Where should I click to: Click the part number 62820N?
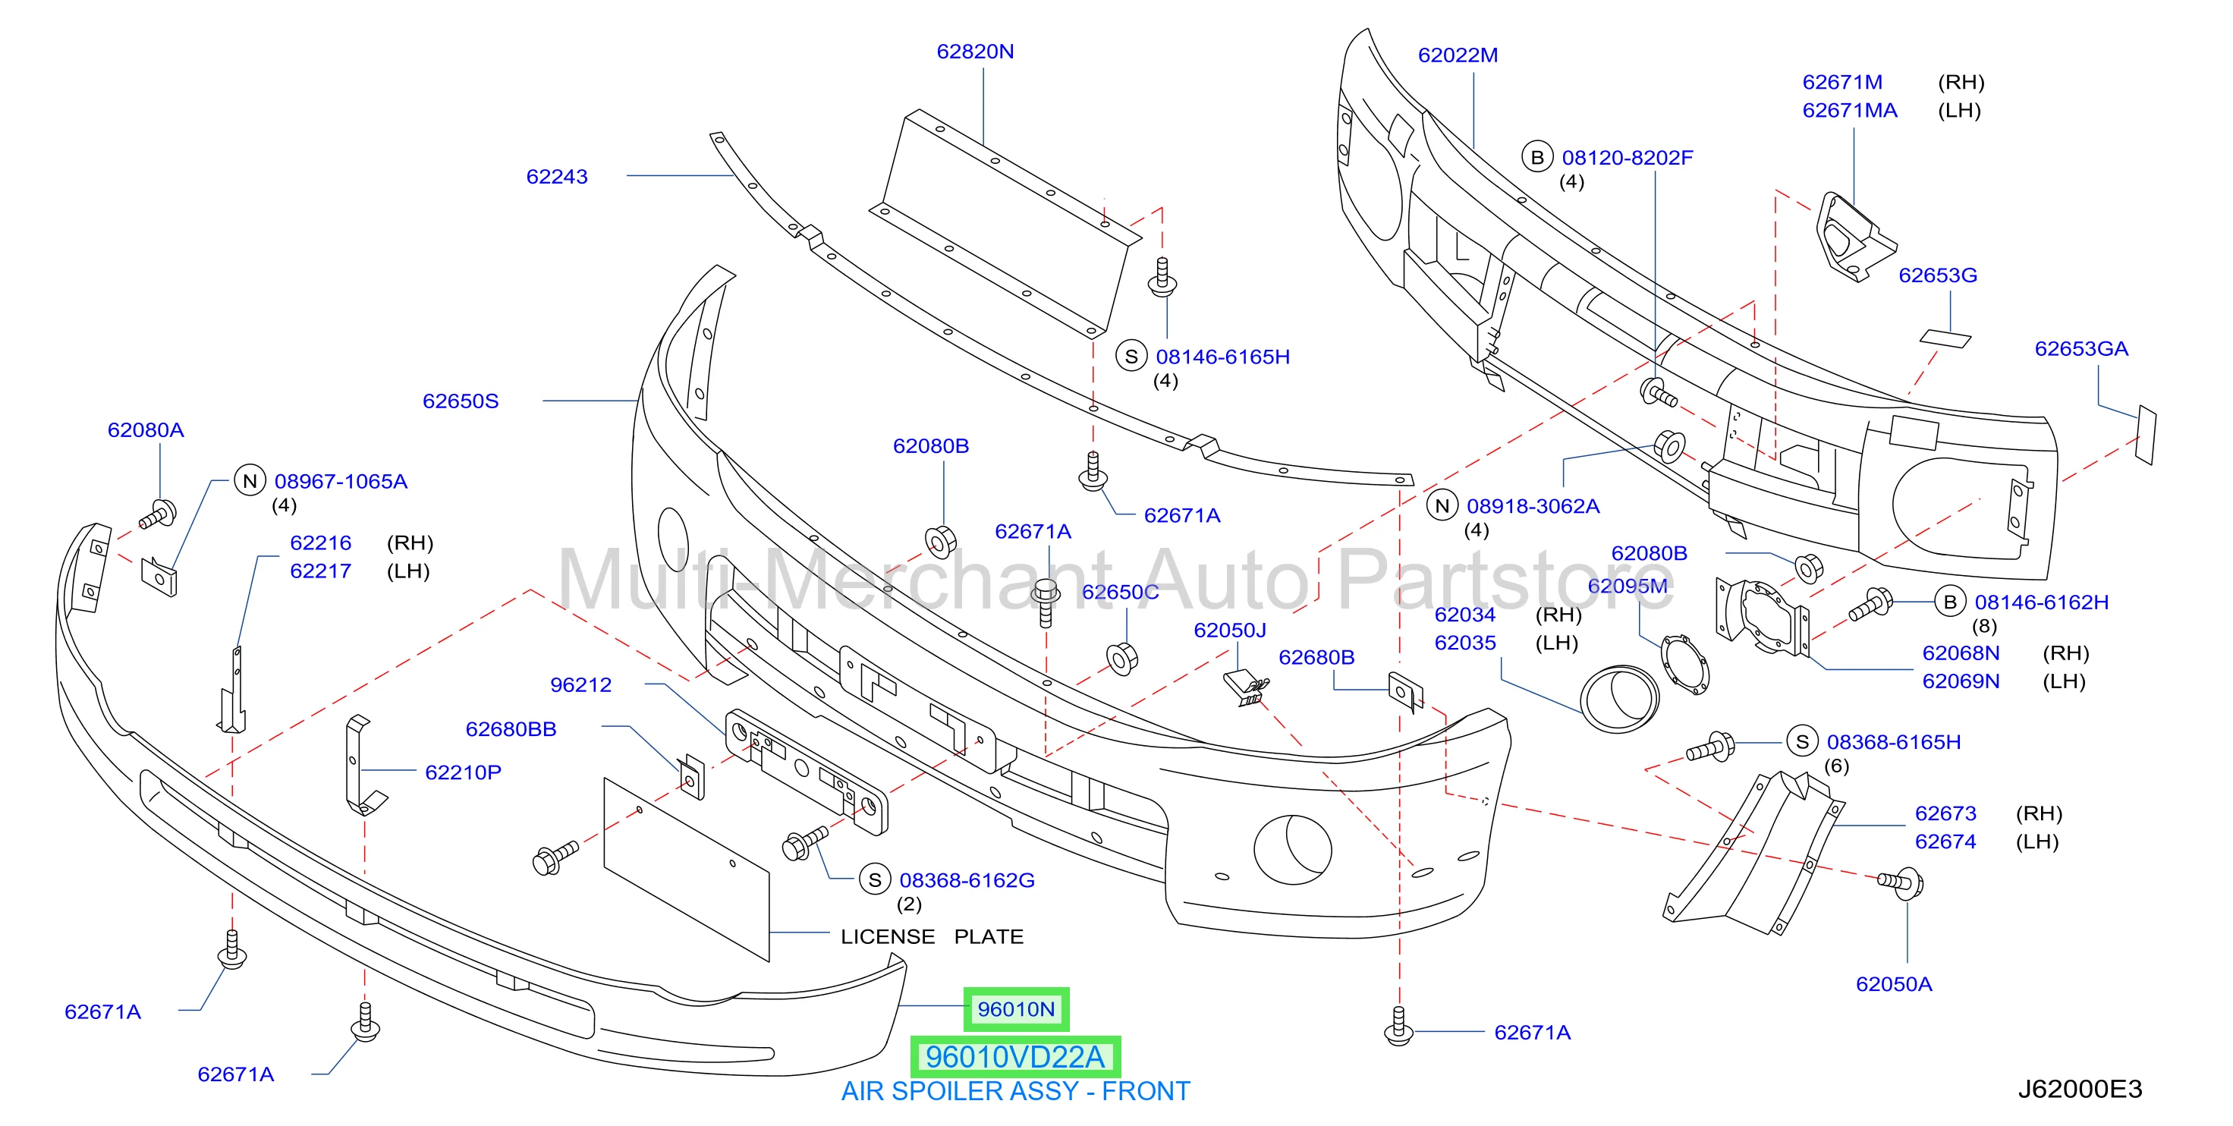(x=974, y=52)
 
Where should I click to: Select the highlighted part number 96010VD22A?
(x=1015, y=1057)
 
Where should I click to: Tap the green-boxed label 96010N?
(x=1016, y=1009)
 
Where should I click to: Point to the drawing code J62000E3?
(x=2080, y=1089)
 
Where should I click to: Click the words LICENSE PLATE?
(x=932, y=936)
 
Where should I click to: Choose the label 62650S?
(x=461, y=401)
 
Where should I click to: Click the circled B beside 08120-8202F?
(x=1537, y=157)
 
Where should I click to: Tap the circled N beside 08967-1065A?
(x=250, y=481)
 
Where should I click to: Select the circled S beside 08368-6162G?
(x=875, y=880)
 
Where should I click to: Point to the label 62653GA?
(x=2081, y=348)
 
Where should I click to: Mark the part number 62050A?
(x=1894, y=984)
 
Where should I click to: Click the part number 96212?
(x=580, y=685)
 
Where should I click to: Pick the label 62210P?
(x=463, y=772)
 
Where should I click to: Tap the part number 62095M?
(x=1627, y=586)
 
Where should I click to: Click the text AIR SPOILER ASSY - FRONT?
(x=1015, y=1090)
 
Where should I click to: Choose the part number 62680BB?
(x=511, y=729)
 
